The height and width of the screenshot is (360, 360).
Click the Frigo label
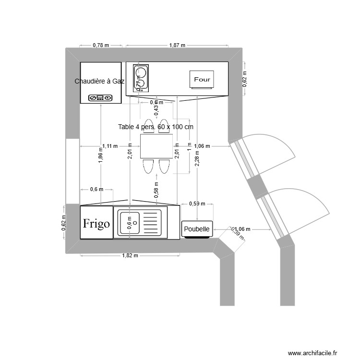pyautogui.click(x=96, y=223)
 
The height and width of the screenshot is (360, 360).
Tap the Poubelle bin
pyautogui.click(x=197, y=229)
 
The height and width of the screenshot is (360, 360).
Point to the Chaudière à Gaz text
pyautogui.click(x=99, y=81)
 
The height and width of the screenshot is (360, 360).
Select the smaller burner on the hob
pyautogui.click(x=140, y=86)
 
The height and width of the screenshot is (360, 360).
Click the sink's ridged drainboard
pyautogui.click(x=152, y=222)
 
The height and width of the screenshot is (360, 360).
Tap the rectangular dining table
pyautogui.click(x=156, y=146)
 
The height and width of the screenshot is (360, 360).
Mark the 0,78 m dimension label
pyautogui.click(x=101, y=45)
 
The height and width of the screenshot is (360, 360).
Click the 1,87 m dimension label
pyautogui.click(x=177, y=45)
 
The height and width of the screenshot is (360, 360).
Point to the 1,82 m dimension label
pyautogui.click(x=130, y=255)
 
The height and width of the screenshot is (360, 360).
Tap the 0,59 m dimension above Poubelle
pyautogui.click(x=197, y=204)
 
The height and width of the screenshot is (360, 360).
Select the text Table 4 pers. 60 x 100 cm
pyautogui.click(x=156, y=127)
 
